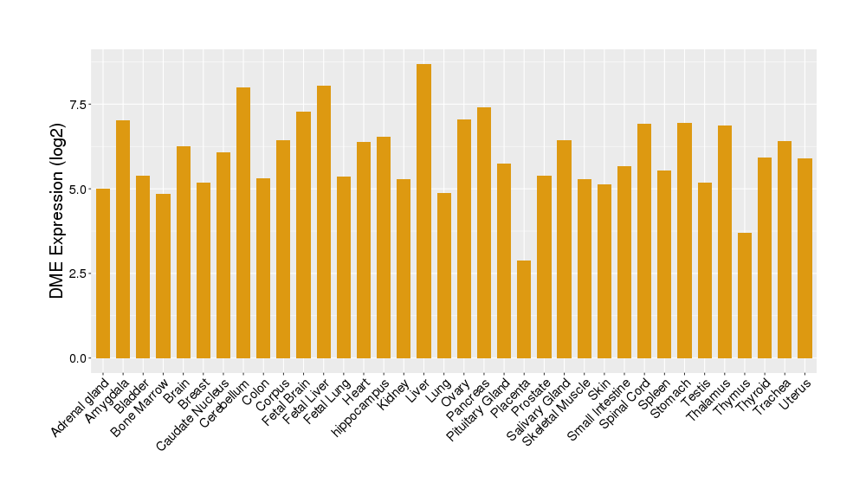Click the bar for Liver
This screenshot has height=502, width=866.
click(423, 211)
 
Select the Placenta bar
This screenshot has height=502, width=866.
click(524, 309)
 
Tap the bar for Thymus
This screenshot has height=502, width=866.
click(745, 295)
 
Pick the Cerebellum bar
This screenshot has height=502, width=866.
click(243, 222)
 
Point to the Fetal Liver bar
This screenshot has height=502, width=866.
click(324, 222)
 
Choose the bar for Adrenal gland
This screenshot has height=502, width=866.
click(103, 273)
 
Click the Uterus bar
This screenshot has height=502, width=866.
click(805, 258)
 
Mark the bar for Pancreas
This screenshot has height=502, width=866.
click(484, 232)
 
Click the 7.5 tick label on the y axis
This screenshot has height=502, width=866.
click(79, 105)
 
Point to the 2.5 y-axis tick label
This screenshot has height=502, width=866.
click(79, 274)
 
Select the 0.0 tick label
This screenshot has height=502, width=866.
click(79, 358)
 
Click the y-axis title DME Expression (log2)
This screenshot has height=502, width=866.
click(57, 212)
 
